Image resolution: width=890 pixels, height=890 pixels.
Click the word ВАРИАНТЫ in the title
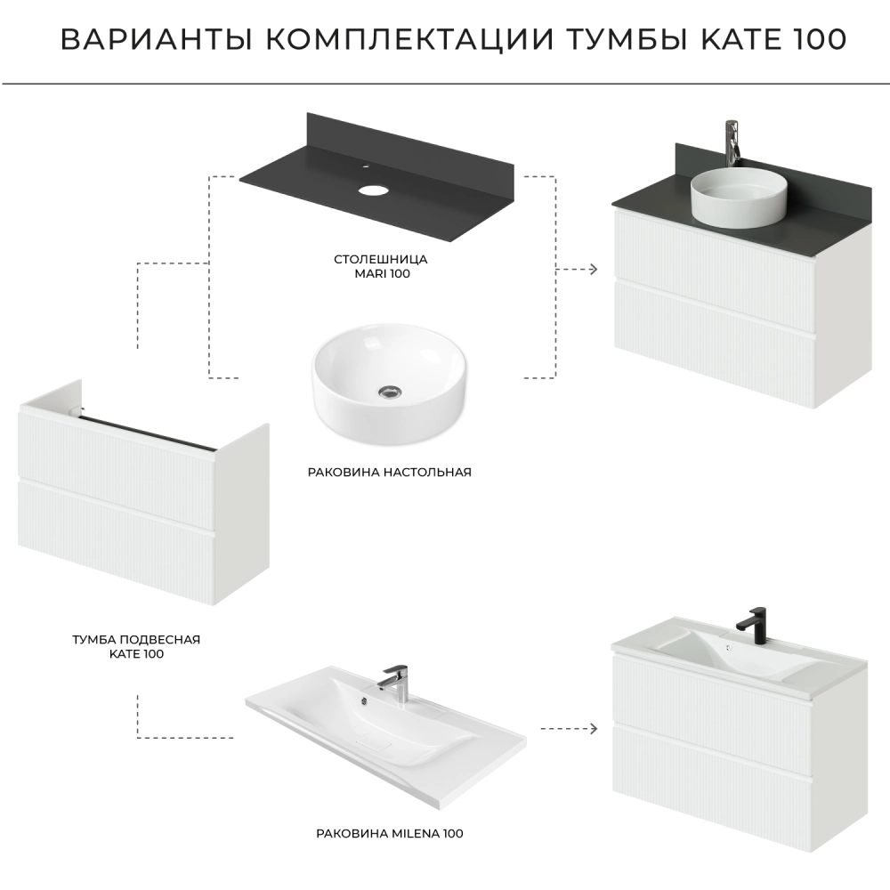(157, 39)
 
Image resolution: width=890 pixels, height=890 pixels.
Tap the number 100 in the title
(817, 39)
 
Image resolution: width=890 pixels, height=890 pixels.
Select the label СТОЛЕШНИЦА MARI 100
(381, 266)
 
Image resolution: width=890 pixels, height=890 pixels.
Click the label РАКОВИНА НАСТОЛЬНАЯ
(390, 473)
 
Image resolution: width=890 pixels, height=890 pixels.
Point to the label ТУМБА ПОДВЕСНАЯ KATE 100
(136, 646)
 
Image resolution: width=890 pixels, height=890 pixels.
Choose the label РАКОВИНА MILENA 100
(390, 834)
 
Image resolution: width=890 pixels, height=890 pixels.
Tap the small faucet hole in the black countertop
(366, 167)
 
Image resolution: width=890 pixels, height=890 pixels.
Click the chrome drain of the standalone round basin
(390, 391)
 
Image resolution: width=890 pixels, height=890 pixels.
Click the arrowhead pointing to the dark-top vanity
(593, 269)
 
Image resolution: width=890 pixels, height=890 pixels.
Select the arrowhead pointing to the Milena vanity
(593, 728)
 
